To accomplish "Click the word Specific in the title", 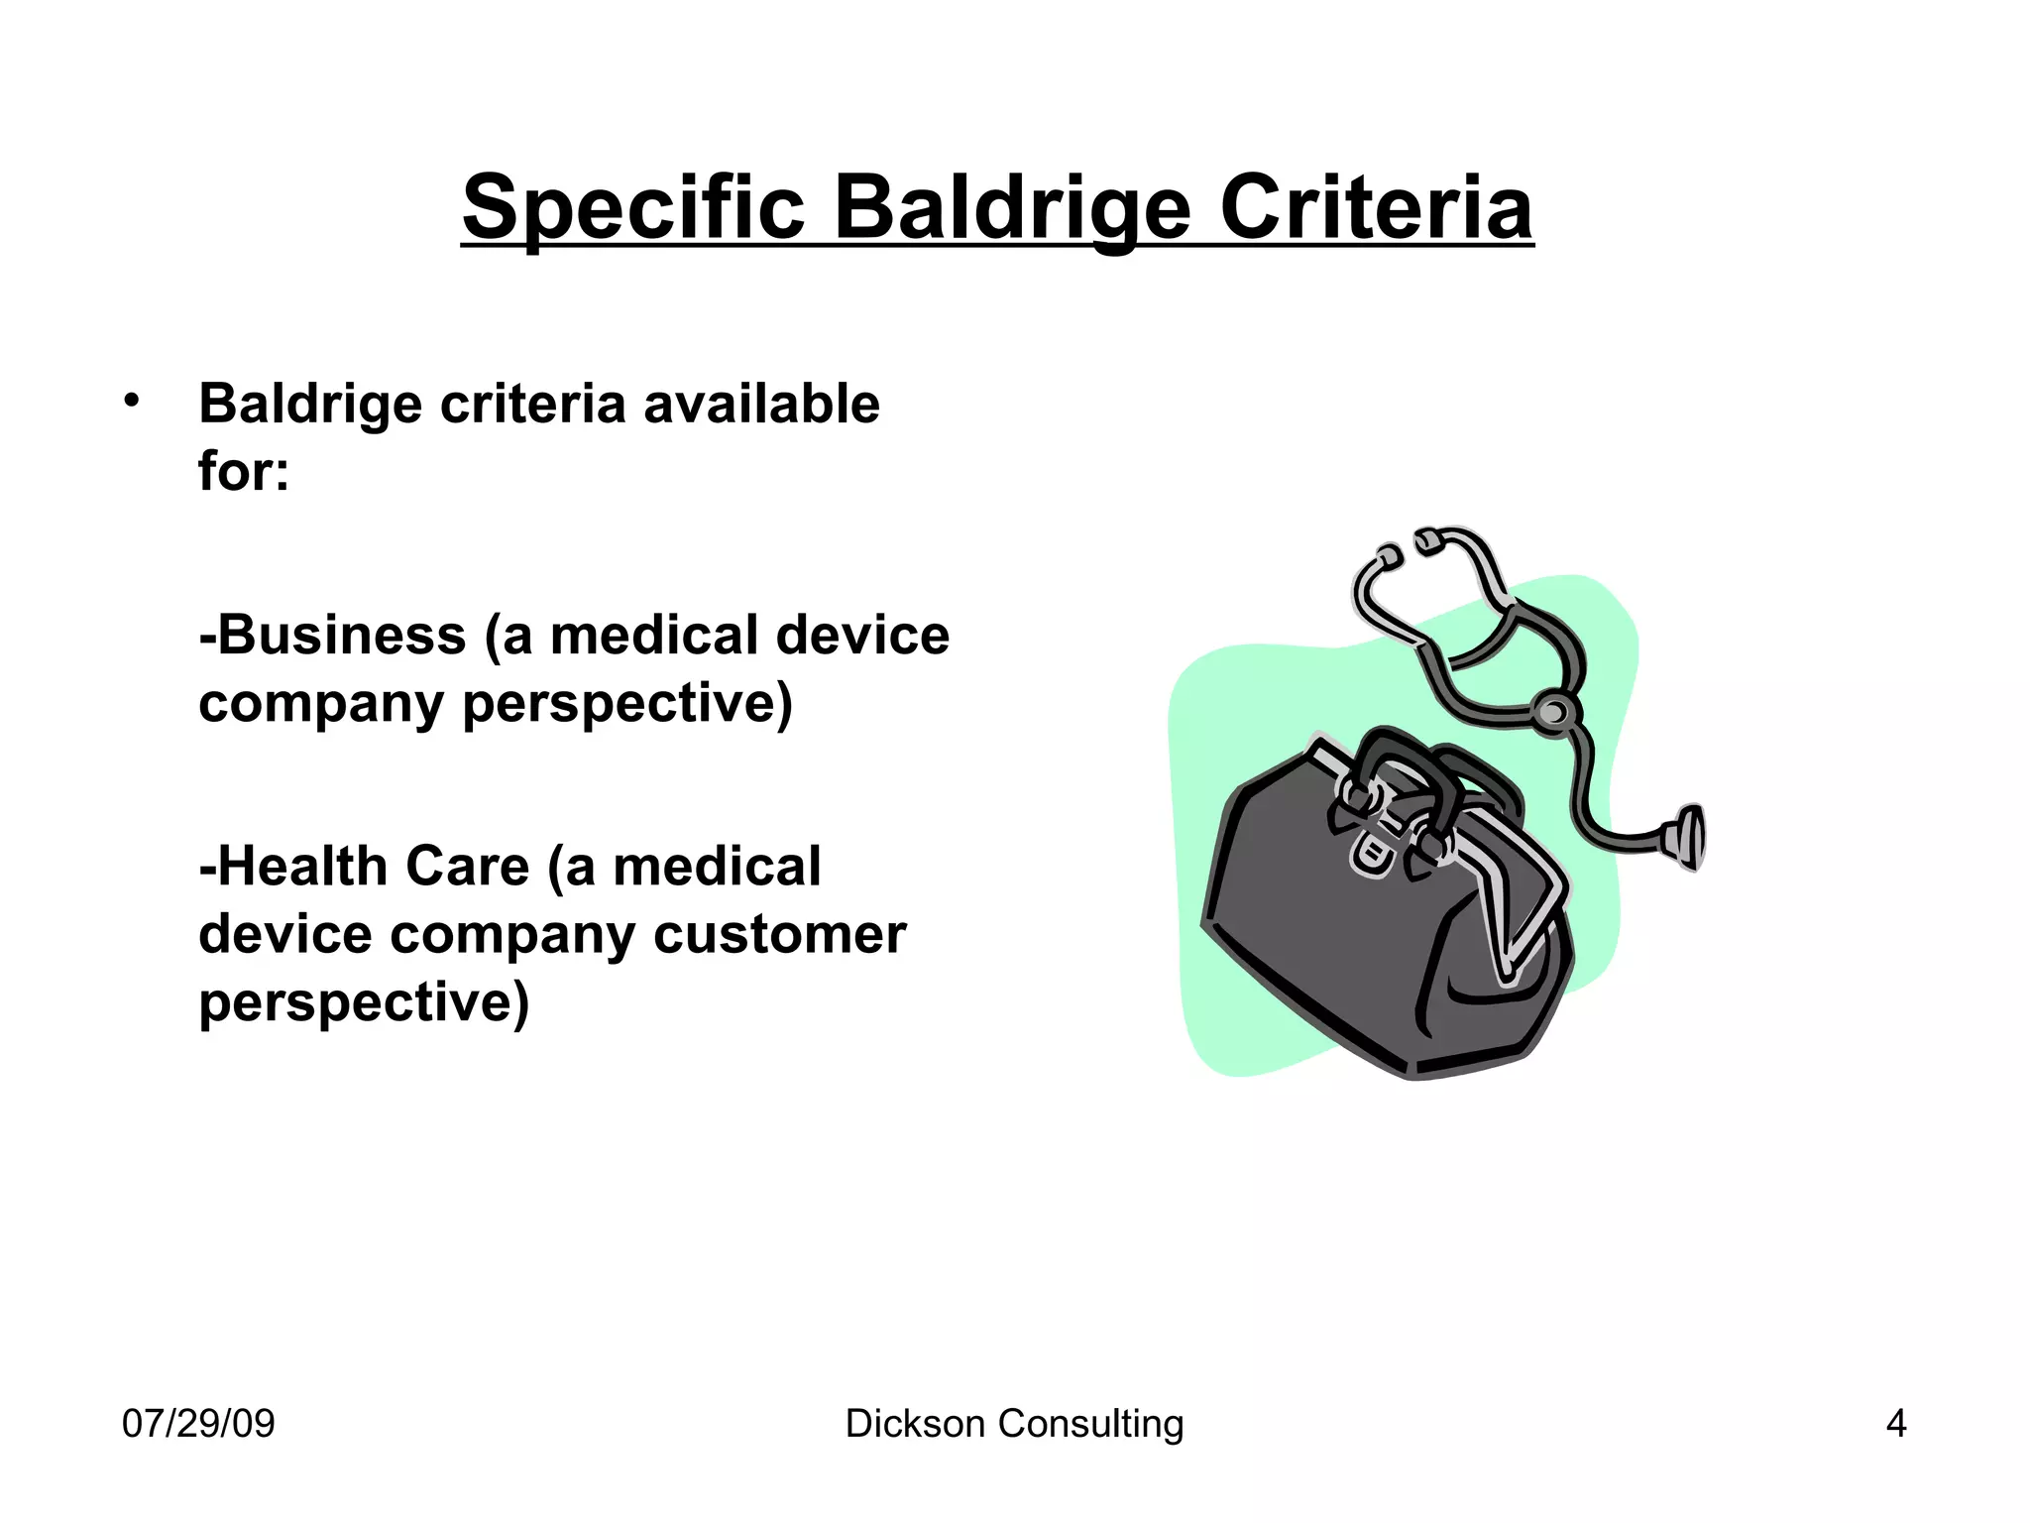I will click(x=632, y=208).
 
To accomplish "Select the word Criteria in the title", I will click(x=1376, y=208).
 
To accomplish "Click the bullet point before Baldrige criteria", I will click(x=132, y=402).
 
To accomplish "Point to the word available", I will click(x=761, y=404).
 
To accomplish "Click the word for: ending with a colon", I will click(x=244, y=471).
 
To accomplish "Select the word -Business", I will click(x=332, y=636).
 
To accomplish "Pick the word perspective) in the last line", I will click(x=364, y=1001).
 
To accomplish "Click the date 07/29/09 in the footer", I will click(x=198, y=1424).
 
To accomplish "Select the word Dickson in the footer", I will click(x=915, y=1424).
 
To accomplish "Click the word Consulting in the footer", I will click(x=1090, y=1424).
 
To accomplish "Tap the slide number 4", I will click(x=1895, y=1424).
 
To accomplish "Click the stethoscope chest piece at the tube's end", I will click(x=1687, y=836).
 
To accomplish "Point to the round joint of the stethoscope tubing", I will click(x=1552, y=712).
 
